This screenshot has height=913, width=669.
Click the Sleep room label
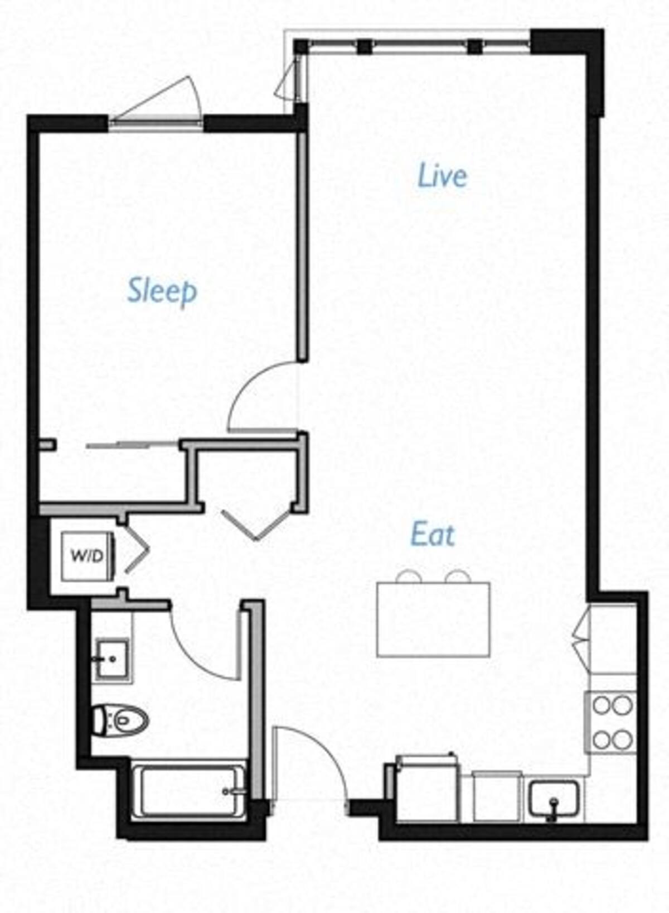162,291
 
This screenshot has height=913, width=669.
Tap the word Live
443,175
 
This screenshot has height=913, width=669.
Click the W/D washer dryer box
88,556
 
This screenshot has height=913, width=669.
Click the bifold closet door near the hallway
256,523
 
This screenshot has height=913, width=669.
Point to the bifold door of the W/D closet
137,552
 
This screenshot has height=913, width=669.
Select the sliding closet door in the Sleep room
134,445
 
